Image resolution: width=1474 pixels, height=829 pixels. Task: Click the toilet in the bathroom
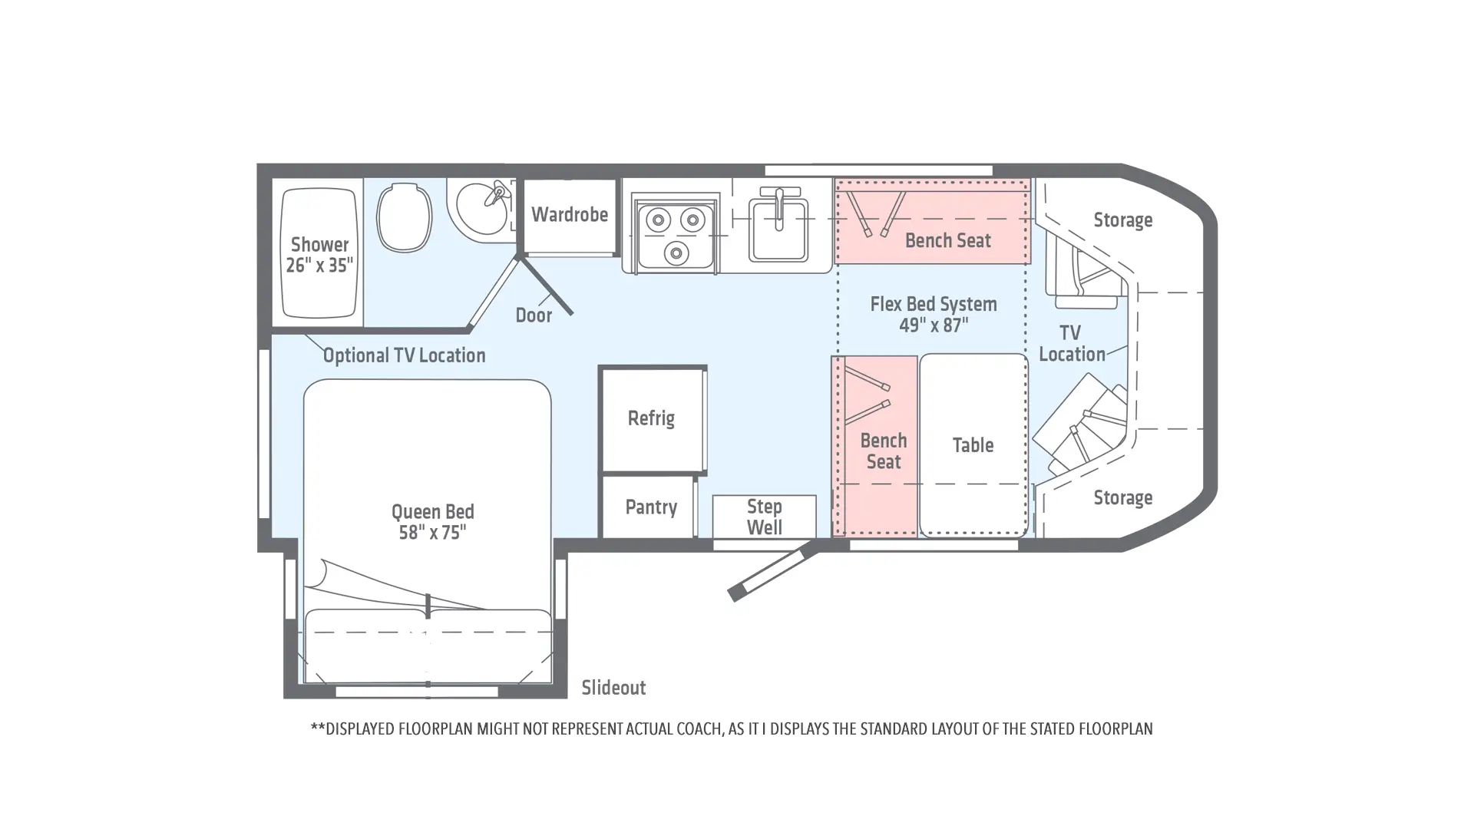pyautogui.click(x=404, y=217)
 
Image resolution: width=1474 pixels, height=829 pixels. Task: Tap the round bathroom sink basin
pyautogui.click(x=481, y=208)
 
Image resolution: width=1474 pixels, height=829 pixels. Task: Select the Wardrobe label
pyautogui.click(x=570, y=215)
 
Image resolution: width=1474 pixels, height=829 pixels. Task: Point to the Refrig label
pyautogui.click(x=651, y=418)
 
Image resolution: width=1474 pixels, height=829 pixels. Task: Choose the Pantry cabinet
pyautogui.click(x=649, y=507)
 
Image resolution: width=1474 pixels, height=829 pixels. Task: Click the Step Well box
pyautogui.click(x=764, y=517)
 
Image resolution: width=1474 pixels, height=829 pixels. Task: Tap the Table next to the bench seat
pyautogui.click(x=973, y=445)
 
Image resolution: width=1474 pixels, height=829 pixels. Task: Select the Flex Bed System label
pyautogui.click(x=934, y=304)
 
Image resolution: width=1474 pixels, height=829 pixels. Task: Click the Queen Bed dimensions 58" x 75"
pyautogui.click(x=432, y=533)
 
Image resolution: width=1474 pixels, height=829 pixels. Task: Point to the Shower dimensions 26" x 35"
pyautogui.click(x=319, y=266)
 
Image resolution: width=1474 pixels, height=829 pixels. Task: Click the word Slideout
pyautogui.click(x=613, y=688)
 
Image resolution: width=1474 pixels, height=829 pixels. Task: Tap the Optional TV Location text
pyautogui.click(x=404, y=355)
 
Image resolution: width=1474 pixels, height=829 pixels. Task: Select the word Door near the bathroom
pyautogui.click(x=534, y=315)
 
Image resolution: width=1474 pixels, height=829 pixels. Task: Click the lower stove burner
pyautogui.click(x=676, y=252)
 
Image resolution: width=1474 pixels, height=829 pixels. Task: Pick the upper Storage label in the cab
pyautogui.click(x=1122, y=220)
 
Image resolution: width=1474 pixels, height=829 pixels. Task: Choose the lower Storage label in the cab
pyautogui.click(x=1122, y=498)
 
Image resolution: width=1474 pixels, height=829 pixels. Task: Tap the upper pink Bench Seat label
pyautogui.click(x=948, y=241)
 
